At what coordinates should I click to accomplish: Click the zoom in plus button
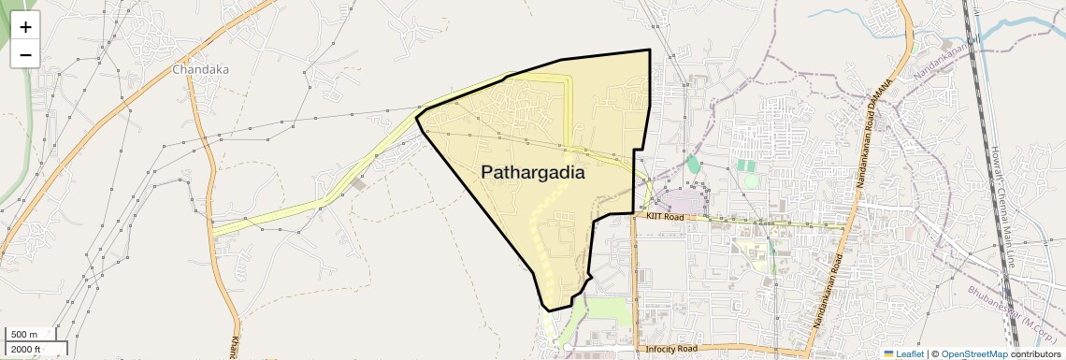coord(25,27)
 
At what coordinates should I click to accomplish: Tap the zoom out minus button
coord(25,54)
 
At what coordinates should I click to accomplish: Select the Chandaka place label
coord(200,69)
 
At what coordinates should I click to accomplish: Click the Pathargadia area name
coord(533,173)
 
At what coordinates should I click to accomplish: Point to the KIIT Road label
coord(663,217)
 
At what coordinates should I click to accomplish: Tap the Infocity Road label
coord(671,349)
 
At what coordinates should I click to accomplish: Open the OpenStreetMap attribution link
coord(973,353)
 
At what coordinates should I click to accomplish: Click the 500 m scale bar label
coord(24,334)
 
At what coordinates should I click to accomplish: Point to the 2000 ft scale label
coord(26,349)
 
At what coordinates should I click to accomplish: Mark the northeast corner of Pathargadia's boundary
coord(649,50)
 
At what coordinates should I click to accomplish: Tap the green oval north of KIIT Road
coord(693,165)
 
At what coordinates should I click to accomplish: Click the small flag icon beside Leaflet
coord(888,353)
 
